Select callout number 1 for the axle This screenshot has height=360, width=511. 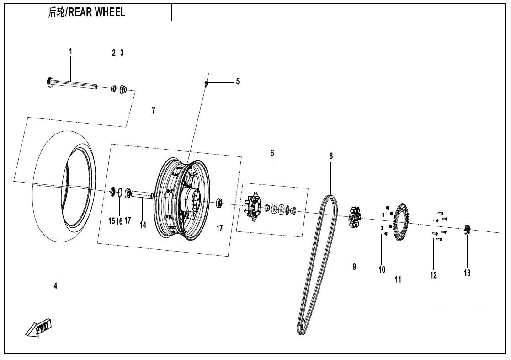(x=70, y=52)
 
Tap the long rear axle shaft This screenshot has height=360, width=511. (x=73, y=85)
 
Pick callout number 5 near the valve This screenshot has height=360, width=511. (x=238, y=81)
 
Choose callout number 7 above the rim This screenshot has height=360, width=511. (x=154, y=111)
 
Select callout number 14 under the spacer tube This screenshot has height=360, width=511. (x=143, y=225)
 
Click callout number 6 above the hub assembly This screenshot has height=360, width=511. (x=272, y=153)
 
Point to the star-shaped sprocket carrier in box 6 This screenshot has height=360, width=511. (x=252, y=208)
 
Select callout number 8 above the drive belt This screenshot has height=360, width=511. (x=331, y=156)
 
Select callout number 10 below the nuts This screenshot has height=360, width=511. (x=382, y=269)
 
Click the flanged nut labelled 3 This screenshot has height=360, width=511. (x=123, y=89)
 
